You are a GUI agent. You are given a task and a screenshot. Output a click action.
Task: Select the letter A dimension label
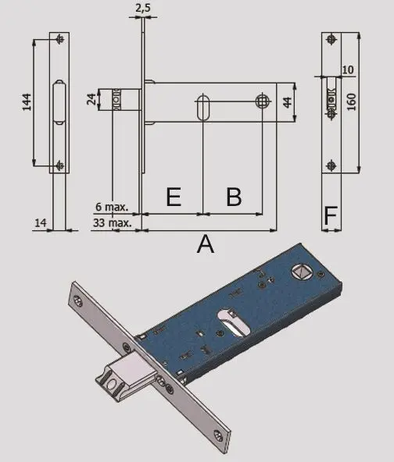coord(205,245)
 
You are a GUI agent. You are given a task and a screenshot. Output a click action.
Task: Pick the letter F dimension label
coord(331,215)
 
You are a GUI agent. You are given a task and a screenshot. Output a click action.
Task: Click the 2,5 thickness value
coord(143,9)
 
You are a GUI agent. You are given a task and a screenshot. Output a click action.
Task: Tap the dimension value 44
coord(287,101)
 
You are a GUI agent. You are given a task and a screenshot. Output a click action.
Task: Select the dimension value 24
coord(91,100)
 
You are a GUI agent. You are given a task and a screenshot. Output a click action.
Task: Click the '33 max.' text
coord(110,222)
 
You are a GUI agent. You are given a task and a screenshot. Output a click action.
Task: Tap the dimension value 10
coord(348,69)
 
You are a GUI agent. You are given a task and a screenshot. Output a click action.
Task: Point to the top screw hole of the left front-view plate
coord(60,41)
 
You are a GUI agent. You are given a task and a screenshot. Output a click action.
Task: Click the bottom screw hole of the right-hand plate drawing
coord(332,164)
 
